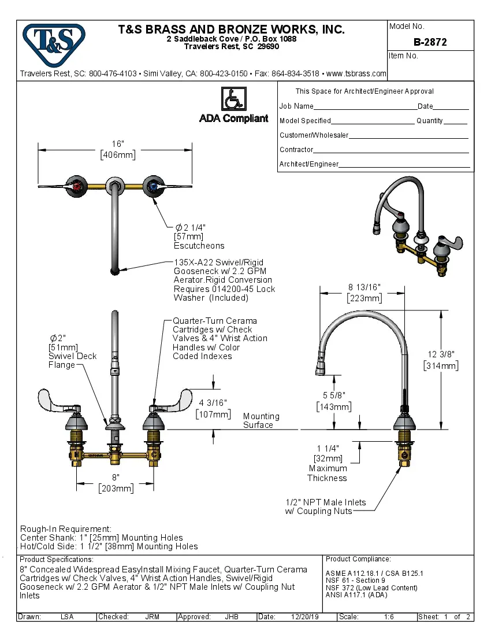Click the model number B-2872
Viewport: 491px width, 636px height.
(430, 42)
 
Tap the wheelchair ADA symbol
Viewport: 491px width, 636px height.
(234, 99)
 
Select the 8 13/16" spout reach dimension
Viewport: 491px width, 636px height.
(364, 293)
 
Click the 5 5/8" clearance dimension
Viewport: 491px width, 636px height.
(334, 401)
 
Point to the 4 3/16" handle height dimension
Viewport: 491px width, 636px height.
(213, 408)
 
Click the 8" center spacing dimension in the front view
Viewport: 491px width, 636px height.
(116, 483)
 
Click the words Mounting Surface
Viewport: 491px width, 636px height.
(261, 420)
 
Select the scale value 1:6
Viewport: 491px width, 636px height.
(389, 617)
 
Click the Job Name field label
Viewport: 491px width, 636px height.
(296, 106)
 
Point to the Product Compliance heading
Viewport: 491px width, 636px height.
(358, 559)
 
